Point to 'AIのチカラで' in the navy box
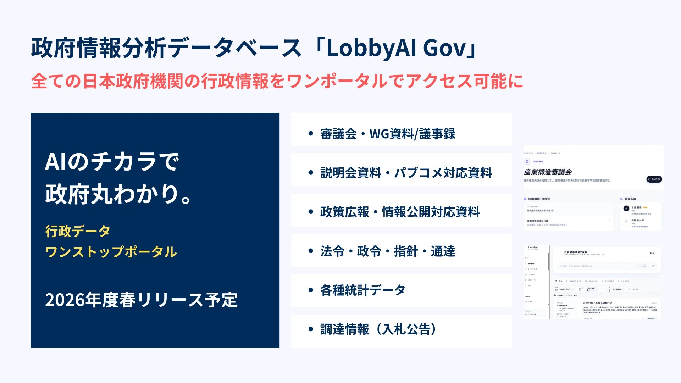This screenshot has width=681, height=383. (x=112, y=162)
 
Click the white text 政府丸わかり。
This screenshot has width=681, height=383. (x=118, y=194)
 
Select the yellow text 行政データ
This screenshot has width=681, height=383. (x=78, y=231)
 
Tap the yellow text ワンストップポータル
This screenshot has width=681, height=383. (x=111, y=252)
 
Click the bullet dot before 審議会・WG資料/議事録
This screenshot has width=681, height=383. (x=311, y=134)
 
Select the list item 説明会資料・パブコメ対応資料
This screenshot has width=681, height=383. (x=406, y=173)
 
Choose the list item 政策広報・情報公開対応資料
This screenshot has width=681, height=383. (x=400, y=212)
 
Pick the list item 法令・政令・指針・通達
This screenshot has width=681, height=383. (x=387, y=251)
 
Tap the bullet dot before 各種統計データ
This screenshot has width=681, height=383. (x=311, y=290)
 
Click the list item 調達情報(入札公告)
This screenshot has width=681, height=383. (x=378, y=329)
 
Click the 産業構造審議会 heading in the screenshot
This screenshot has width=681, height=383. (x=548, y=172)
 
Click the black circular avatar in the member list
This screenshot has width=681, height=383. (x=626, y=209)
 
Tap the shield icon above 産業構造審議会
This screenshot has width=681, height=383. (x=527, y=161)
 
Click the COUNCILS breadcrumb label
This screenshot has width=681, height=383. (x=555, y=154)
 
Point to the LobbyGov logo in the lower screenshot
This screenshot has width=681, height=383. (x=533, y=248)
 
